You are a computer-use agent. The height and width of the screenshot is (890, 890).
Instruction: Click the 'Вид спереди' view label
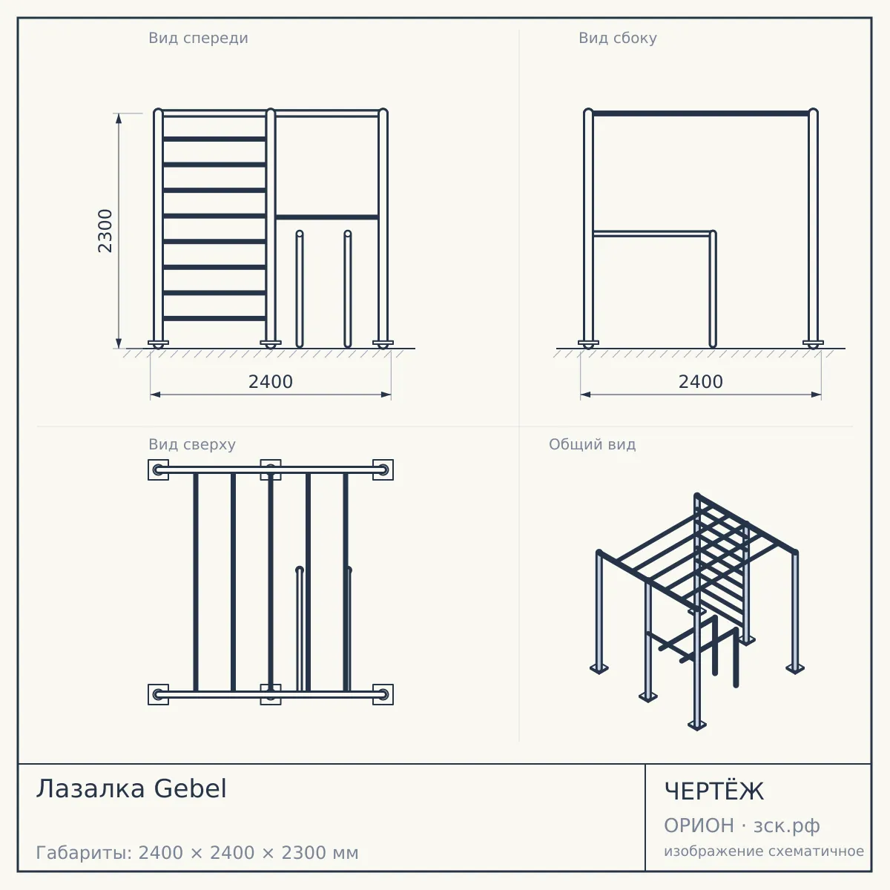(198, 38)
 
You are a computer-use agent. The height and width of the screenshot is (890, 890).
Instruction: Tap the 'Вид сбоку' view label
(618, 38)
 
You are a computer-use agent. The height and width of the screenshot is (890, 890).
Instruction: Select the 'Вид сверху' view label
(192, 444)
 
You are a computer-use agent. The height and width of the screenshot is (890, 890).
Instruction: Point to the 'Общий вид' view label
(592, 444)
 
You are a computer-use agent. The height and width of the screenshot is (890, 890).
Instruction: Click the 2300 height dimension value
(105, 231)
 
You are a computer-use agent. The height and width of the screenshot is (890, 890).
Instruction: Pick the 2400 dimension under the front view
(271, 382)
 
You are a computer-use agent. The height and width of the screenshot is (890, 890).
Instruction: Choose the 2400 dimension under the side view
(701, 382)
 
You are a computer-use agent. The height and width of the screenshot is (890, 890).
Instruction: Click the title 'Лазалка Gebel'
(131, 788)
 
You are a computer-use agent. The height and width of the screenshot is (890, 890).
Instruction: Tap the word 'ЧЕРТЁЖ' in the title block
(714, 791)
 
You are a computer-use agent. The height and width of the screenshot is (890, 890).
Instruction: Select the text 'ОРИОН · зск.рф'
(742, 825)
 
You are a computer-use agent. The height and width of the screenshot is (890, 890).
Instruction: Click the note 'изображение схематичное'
(764, 851)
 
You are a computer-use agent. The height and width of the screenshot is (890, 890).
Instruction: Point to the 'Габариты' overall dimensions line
(197, 853)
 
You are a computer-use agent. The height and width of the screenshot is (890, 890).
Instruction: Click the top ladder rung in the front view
(214, 139)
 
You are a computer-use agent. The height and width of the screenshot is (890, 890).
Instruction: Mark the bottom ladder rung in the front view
(214, 318)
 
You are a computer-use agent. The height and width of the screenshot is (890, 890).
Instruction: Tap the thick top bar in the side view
(701, 113)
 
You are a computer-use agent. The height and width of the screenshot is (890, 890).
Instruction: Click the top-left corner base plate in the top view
(158, 469)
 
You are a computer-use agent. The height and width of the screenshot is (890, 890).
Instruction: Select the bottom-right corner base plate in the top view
(383, 695)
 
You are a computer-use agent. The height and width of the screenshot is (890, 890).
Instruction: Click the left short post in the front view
(300, 289)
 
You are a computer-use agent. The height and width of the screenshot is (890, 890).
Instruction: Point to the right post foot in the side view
(813, 344)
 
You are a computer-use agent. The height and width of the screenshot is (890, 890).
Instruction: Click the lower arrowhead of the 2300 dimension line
(119, 343)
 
